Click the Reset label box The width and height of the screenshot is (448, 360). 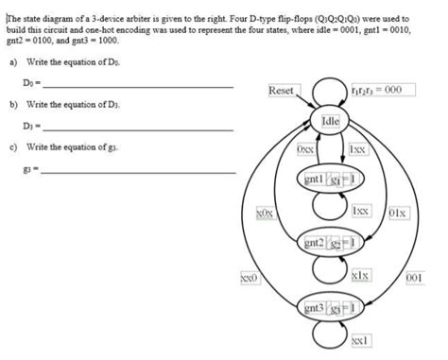pyautogui.click(x=281, y=91)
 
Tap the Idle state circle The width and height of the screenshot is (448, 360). pyautogui.click(x=330, y=121)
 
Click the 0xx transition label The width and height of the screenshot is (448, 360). pyautogui.click(x=305, y=149)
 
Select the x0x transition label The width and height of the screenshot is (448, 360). pyautogui.click(x=266, y=214)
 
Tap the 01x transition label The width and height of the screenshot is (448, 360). pyautogui.click(x=398, y=214)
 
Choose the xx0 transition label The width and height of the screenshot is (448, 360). pyautogui.click(x=249, y=278)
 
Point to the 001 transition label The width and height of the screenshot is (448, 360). pyautogui.click(x=413, y=278)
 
